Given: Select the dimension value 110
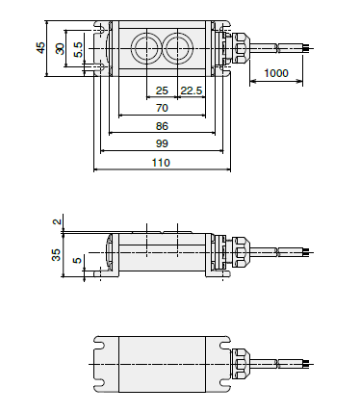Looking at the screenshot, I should coord(161,164).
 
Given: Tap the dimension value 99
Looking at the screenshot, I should coord(161,143).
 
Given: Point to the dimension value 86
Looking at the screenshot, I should coord(161,126).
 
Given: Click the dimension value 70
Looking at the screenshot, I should coord(161,109).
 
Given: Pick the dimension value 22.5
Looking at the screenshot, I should coord(192,91).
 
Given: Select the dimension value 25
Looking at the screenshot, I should coord(161,91).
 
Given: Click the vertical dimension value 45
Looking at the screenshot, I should coord(40,47).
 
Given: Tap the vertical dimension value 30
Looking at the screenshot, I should coord(60,48).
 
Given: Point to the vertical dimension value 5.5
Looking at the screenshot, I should coord(78,48).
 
